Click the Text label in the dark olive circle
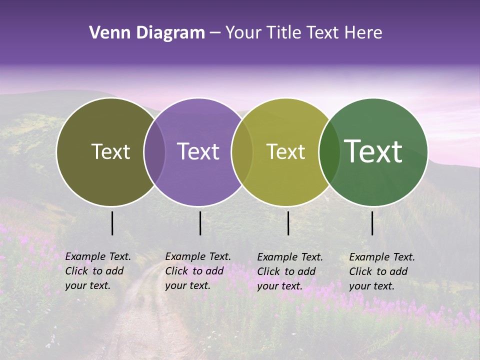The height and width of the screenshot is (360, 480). (x=110, y=151)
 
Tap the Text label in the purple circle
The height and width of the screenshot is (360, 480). (x=198, y=151)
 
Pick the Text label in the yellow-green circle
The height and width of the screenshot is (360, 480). (x=285, y=151)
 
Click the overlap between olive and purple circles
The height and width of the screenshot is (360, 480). (x=154, y=152)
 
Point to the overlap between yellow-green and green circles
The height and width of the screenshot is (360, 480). (x=328, y=152)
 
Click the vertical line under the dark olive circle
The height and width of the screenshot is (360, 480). (x=112, y=223)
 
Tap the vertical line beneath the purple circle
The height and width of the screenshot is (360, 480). (x=200, y=223)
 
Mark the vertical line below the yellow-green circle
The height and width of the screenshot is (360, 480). (x=288, y=223)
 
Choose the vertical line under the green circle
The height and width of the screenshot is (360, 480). (x=372, y=223)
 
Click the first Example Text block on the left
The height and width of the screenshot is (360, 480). (x=98, y=271)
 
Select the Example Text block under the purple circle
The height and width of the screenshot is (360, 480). (x=197, y=271)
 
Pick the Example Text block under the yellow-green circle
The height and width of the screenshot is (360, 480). (x=290, y=271)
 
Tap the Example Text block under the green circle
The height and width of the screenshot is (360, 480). (x=382, y=271)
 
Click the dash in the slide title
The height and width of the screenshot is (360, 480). (x=215, y=33)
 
